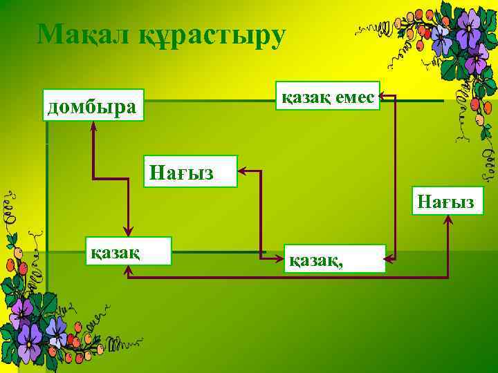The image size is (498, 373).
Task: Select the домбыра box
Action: point(93,105)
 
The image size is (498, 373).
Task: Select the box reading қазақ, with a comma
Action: point(335,258)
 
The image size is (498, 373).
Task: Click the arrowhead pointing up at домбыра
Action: point(93,125)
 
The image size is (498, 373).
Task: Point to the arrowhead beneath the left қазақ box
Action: point(128,271)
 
